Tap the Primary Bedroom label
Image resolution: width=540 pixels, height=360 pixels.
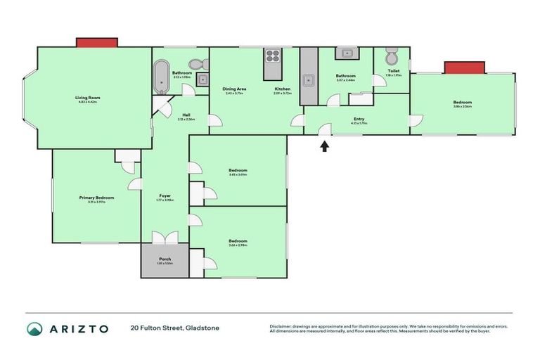pyautogui.click(x=96, y=198)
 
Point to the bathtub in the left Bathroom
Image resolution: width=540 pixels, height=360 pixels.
pyautogui.click(x=161, y=77)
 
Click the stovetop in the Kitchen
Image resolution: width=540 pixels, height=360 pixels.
pyautogui.click(x=273, y=56)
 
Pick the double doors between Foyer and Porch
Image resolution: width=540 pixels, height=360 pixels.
pyautogui.click(x=165, y=238)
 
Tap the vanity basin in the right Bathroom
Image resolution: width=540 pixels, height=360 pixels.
pyautogui.click(x=347, y=53)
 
